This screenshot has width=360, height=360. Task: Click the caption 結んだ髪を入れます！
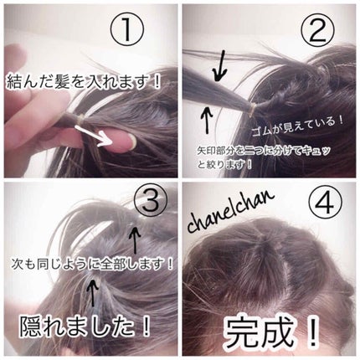(x=84, y=81)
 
